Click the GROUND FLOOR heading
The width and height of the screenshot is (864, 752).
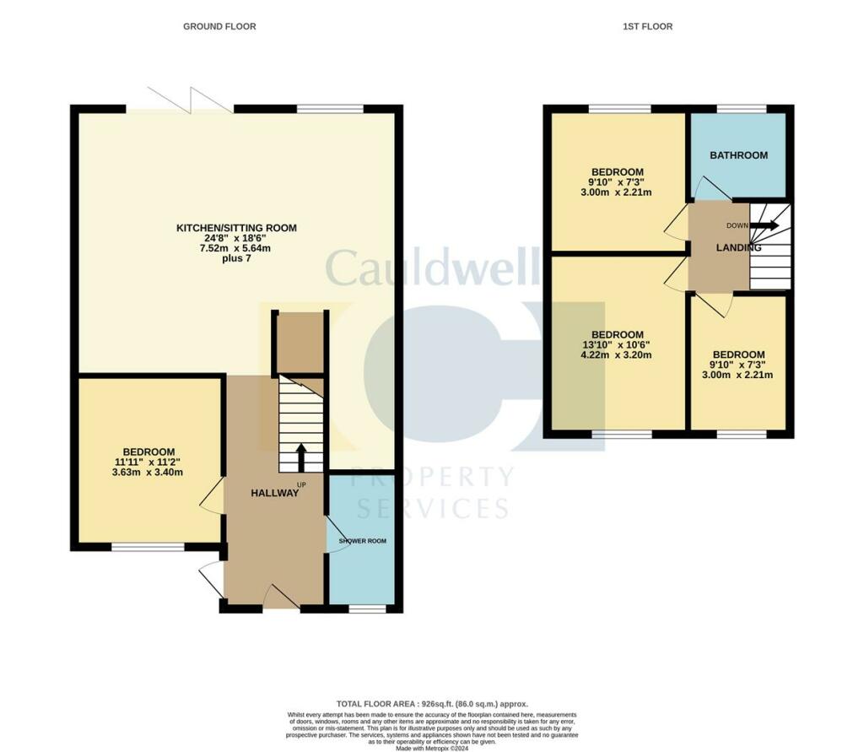(x=219, y=27)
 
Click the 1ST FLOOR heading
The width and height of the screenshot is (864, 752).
(x=647, y=27)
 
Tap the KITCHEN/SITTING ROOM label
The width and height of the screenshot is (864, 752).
(x=236, y=228)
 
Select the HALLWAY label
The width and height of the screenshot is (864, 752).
(x=274, y=493)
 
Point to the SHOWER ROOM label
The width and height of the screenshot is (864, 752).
(x=362, y=541)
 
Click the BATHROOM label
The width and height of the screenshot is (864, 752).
(x=738, y=155)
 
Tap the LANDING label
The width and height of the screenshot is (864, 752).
(x=738, y=247)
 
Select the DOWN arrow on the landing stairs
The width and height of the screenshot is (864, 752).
(x=766, y=226)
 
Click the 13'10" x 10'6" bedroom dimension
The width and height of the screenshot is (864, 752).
(x=617, y=345)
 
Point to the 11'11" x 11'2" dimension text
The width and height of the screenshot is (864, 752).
(x=148, y=462)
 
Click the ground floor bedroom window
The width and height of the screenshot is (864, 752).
(x=148, y=548)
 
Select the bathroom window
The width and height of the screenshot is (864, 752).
(x=742, y=108)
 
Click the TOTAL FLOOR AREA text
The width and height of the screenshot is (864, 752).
(x=431, y=703)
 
